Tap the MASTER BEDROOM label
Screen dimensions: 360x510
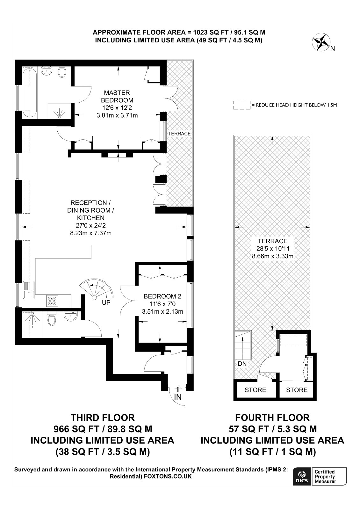[117, 97]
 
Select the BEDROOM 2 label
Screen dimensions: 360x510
[162, 296]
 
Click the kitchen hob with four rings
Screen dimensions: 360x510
[52, 301]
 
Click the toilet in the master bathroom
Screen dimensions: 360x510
[62, 71]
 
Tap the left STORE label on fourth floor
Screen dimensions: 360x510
[255, 390]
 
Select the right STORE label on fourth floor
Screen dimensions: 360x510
[297, 390]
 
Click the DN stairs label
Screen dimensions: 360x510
[242, 364]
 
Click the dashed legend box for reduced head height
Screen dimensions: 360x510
[242, 105]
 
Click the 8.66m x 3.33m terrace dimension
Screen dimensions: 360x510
[273, 256]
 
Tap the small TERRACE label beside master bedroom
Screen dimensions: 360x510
[179, 134]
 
